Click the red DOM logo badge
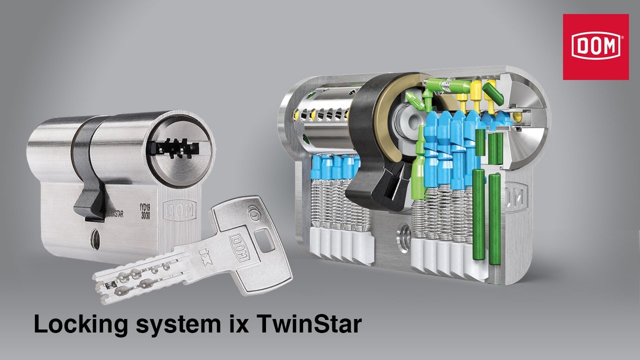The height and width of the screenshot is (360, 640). (x=595, y=46)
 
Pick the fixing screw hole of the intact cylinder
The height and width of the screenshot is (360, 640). (x=95, y=235)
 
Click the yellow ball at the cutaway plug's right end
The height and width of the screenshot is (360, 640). (x=518, y=116)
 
